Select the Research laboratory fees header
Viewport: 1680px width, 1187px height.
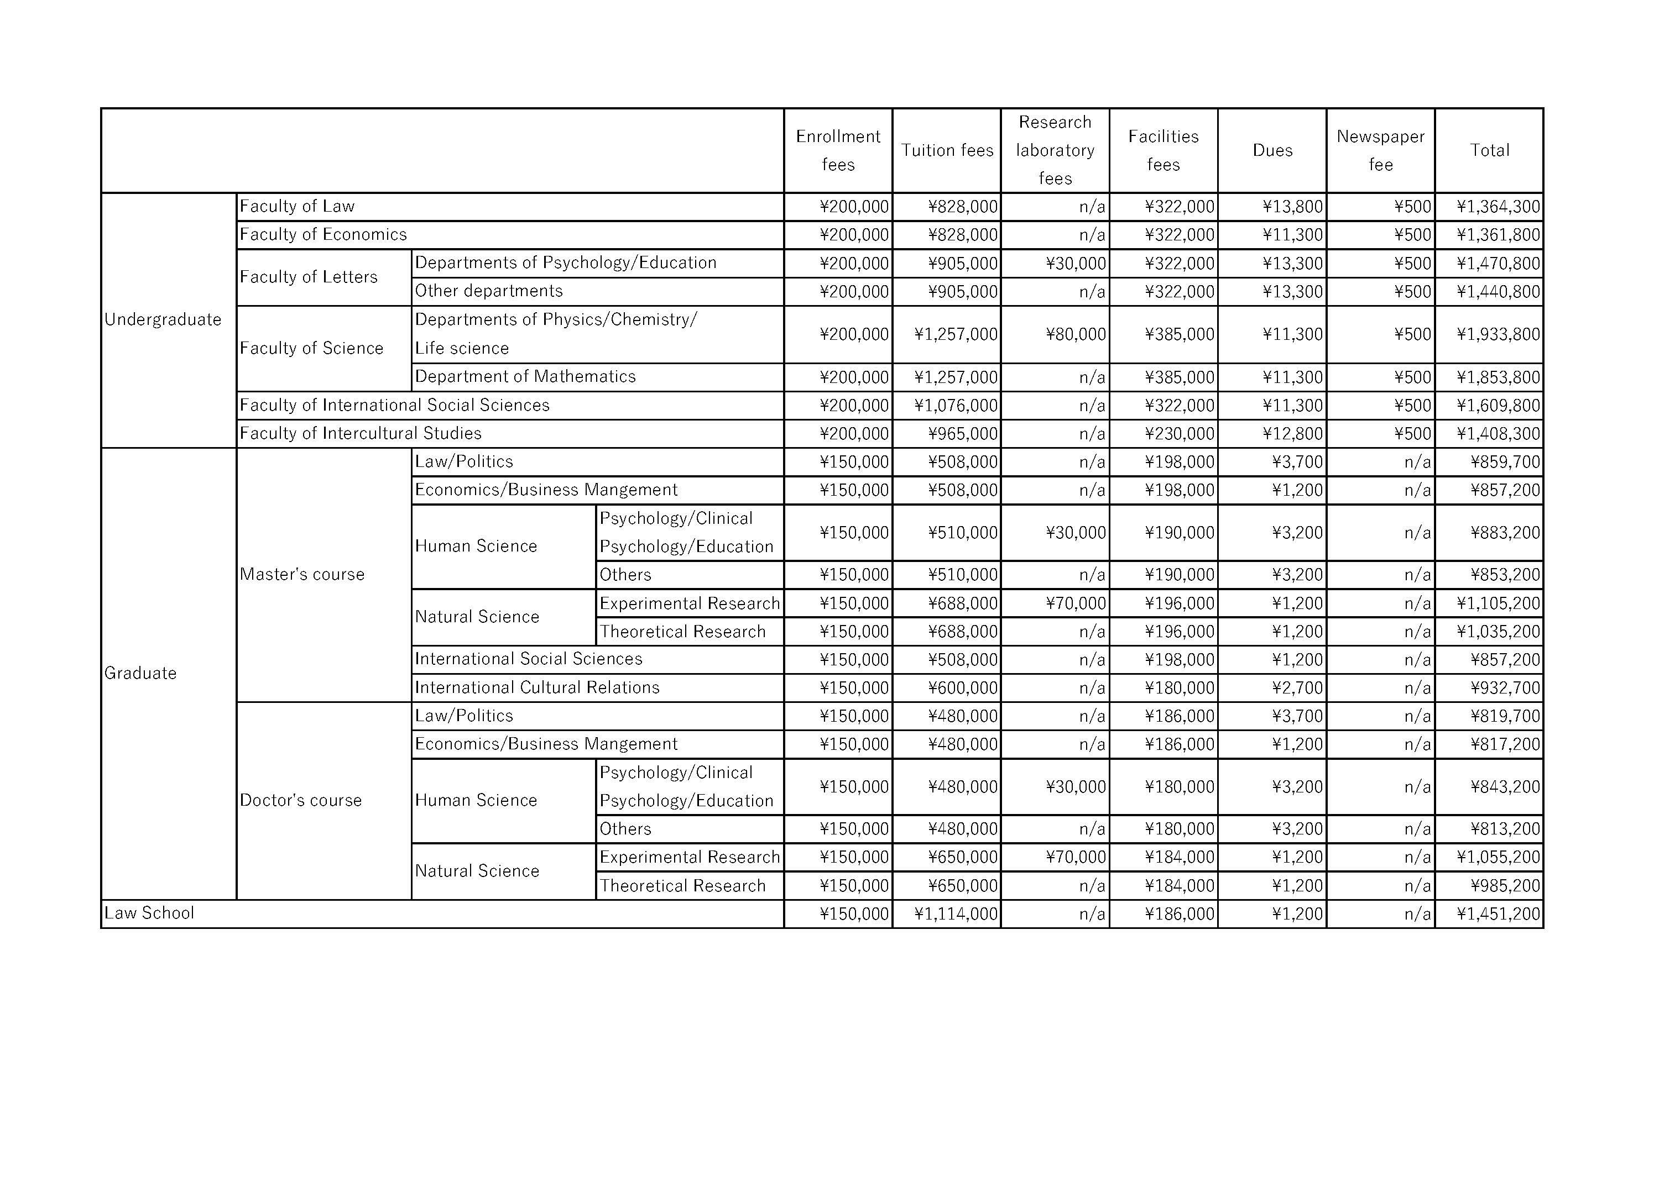point(1055,151)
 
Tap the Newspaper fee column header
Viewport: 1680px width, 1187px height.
point(1380,151)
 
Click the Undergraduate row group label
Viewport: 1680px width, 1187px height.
point(163,319)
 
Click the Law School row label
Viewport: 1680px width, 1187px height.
point(149,913)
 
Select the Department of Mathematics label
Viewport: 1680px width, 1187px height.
point(525,377)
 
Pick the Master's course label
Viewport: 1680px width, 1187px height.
point(301,574)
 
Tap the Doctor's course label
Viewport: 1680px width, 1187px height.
point(301,800)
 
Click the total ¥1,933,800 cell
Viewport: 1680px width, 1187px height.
point(1498,334)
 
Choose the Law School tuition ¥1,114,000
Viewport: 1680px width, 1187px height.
point(956,914)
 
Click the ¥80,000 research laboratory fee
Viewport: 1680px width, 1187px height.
point(1076,334)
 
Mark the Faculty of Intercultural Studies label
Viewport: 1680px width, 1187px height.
point(361,434)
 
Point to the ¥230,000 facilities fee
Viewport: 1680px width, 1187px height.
point(1179,434)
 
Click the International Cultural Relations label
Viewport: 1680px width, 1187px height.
point(537,687)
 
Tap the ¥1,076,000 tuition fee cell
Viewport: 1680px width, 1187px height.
point(956,405)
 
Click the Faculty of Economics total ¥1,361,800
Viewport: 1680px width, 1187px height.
point(1498,235)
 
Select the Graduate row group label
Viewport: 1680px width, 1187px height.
point(140,673)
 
